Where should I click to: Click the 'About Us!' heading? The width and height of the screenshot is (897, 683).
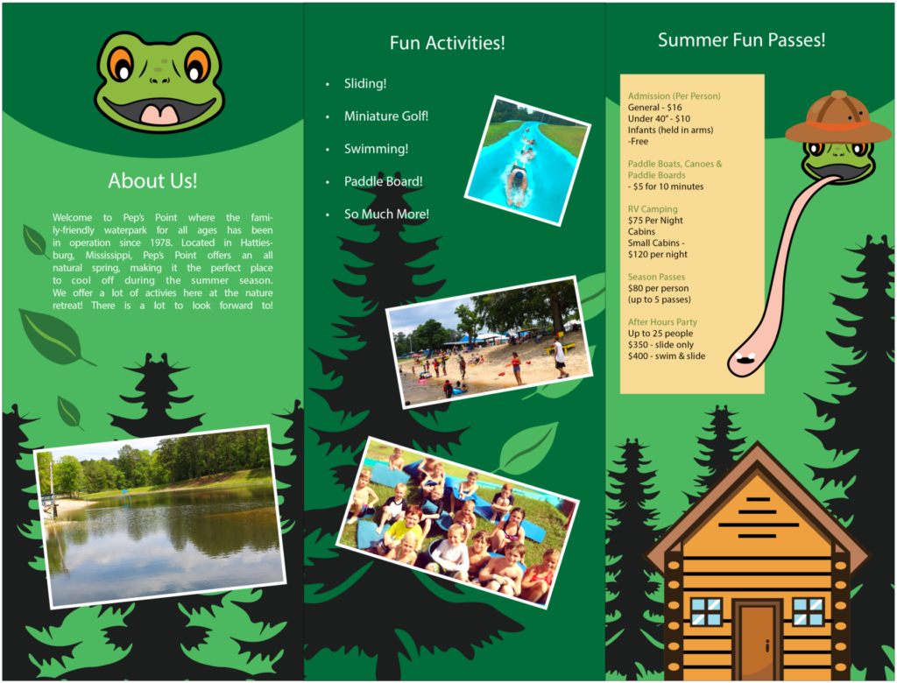pyautogui.click(x=152, y=180)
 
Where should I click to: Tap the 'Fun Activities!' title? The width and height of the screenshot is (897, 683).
pyautogui.click(x=448, y=43)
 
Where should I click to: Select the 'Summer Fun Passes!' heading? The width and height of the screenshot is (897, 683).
pyautogui.click(x=741, y=40)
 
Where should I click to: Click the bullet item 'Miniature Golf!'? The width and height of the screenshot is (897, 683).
pyautogui.click(x=386, y=116)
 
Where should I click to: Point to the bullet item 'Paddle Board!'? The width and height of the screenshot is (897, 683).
pyautogui.click(x=384, y=181)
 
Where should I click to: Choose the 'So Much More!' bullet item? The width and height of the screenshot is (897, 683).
pyautogui.click(x=386, y=214)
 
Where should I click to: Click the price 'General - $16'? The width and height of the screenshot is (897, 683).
pyautogui.click(x=654, y=108)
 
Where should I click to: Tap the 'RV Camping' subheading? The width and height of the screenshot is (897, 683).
pyautogui.click(x=652, y=209)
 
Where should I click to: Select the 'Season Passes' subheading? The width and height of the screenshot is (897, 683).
pyautogui.click(x=656, y=277)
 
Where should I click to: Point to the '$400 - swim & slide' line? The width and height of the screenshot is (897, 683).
pyautogui.click(x=667, y=356)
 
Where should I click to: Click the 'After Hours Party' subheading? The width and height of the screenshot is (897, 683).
pyautogui.click(x=662, y=322)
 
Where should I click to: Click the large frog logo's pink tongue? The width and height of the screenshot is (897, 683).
pyautogui.click(x=159, y=114)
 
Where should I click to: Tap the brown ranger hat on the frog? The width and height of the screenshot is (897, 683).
pyautogui.click(x=838, y=117)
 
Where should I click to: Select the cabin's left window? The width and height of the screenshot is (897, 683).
pyautogui.click(x=706, y=611)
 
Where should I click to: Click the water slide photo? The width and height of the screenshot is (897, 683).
pyautogui.click(x=527, y=161)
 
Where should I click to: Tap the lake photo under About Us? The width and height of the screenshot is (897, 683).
pyautogui.click(x=159, y=517)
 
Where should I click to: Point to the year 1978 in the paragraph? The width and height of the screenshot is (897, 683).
pyautogui.click(x=161, y=243)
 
